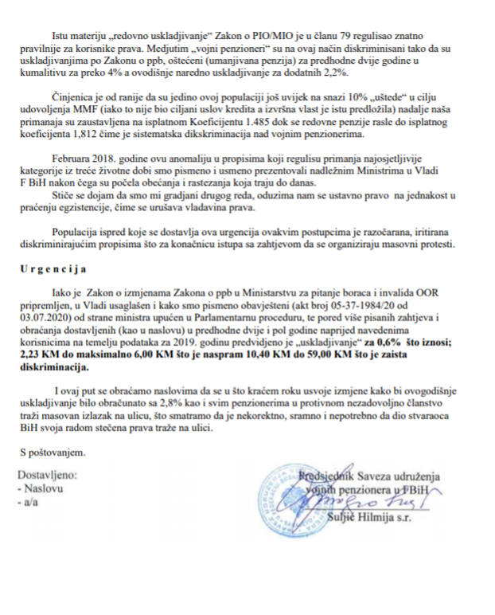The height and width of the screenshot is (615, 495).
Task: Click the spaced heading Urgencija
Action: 49,269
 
